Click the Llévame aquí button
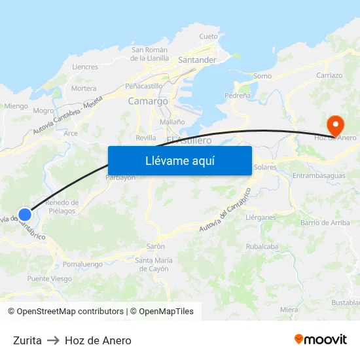pos(179,160)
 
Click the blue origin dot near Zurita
pos(25,214)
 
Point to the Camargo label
pos(148,101)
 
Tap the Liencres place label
pos(85,67)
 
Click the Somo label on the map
pos(262,76)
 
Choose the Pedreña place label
pos(238,95)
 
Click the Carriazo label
pos(329,75)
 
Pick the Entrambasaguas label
pos(318,176)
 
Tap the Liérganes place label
pos(261,217)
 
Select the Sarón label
pos(155,247)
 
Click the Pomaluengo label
pos(83,264)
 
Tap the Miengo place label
pos(16,105)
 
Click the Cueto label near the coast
pos(208,37)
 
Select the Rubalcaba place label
pos(262,247)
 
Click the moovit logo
pos(321,340)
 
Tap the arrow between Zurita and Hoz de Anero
pos(53,340)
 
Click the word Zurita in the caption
pos(27,340)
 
